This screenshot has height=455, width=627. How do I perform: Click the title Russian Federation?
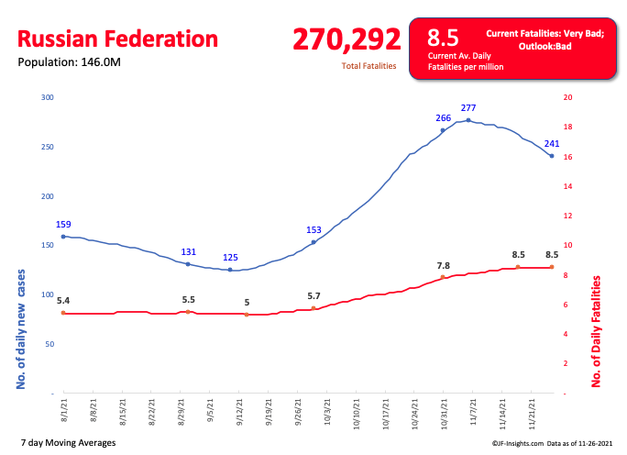coord(118,39)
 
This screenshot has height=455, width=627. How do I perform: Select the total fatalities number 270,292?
coord(346,39)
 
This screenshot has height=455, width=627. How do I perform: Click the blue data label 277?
coord(468,108)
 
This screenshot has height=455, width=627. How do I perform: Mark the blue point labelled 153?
coord(313,242)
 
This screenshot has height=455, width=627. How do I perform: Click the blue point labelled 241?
coord(551,156)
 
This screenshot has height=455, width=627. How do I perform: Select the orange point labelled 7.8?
coord(443,277)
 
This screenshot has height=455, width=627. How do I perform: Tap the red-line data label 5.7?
coord(313,295)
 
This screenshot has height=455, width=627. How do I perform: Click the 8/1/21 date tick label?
coord(64,406)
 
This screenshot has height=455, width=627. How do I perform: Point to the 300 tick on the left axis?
coord(48,97)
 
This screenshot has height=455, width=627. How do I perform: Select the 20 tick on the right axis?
coord(567,97)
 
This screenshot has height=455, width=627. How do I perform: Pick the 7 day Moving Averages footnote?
coord(68,443)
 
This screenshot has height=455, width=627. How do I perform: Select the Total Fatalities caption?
coord(368,67)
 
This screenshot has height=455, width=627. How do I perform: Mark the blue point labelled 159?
coord(63,236)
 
